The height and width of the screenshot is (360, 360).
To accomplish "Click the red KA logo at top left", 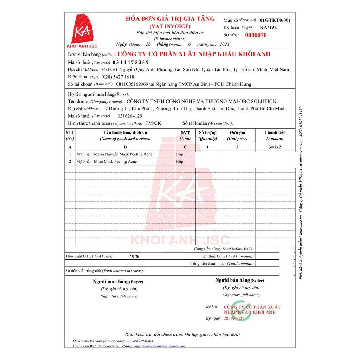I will click(x=82, y=28).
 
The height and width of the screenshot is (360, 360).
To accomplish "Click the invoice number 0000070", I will click(x=256, y=35).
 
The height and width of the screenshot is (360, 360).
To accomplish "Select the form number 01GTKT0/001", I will click(x=275, y=20).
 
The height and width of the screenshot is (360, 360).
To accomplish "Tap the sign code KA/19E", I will click(x=268, y=27).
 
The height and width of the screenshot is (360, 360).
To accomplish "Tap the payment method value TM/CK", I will click(x=153, y=123).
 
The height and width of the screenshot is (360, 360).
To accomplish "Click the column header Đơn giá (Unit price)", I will click(x=237, y=135).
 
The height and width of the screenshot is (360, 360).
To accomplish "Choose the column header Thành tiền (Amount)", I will click(x=275, y=135).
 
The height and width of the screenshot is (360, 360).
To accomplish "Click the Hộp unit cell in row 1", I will click(x=179, y=154).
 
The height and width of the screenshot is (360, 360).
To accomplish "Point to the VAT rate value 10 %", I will click(x=134, y=256).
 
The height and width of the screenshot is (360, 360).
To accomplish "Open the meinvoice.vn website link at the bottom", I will click(x=160, y=346).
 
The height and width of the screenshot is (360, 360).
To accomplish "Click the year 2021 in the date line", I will click(x=224, y=44).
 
